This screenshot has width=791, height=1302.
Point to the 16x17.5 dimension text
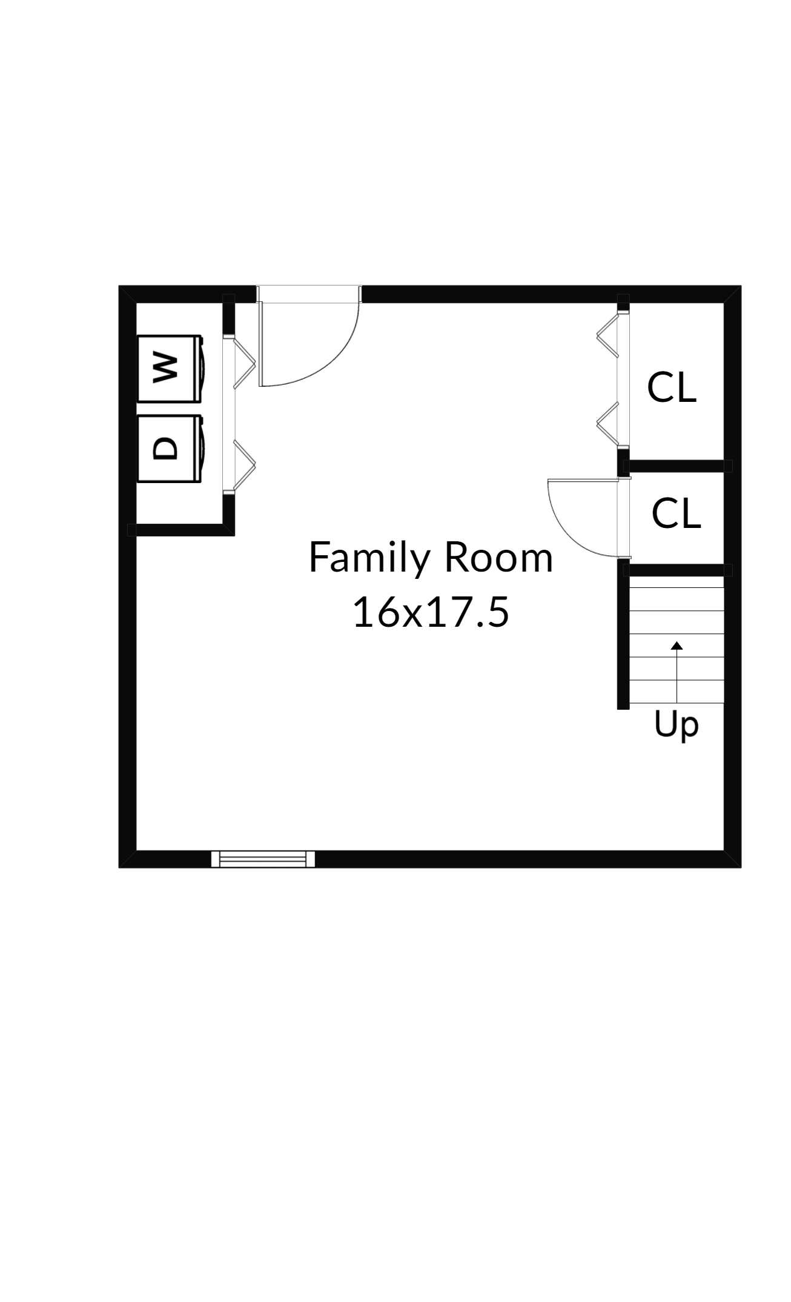431,612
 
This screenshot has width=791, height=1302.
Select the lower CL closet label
676,513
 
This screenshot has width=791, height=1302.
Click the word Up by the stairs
677,725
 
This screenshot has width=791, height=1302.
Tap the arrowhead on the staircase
677,646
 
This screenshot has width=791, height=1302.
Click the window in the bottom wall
263,859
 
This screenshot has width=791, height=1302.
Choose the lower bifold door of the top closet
608,424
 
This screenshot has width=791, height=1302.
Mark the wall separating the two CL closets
677,466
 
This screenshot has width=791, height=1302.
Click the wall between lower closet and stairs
677,570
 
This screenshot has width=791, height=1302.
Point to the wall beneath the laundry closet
182,530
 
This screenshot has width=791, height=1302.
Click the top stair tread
677,582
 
